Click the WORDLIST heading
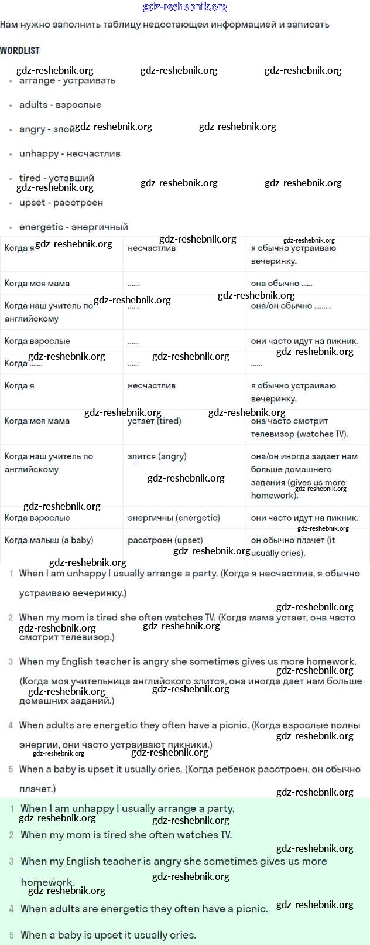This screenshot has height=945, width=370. coord(20,50)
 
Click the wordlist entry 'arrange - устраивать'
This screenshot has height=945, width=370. coord(67,81)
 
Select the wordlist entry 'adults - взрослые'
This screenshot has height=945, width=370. coord(60,105)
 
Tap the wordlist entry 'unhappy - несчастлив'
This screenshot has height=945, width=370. coord(70,153)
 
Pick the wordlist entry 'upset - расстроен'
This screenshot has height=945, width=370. coord(61,203)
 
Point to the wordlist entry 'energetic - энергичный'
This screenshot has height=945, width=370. coord(73,227)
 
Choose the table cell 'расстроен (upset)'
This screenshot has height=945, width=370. coord(165,540)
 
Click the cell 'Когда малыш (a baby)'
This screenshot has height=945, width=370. coord(49,540)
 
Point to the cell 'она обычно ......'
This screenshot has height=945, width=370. coord(282,284)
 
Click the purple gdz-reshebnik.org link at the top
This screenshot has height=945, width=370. coord(185,7)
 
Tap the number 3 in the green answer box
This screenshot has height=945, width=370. coord(11,862)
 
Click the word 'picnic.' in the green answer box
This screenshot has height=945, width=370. coord(251,909)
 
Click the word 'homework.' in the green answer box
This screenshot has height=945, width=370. coord(47,882)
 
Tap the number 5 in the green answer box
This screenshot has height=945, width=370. coord(11,935)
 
